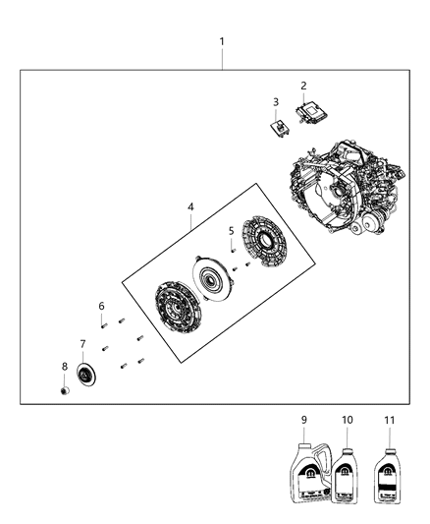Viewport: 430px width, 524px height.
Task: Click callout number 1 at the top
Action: [x=222, y=41]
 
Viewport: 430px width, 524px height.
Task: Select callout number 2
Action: [x=303, y=86]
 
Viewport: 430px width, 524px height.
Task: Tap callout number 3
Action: [x=276, y=102]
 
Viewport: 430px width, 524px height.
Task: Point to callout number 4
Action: [x=191, y=207]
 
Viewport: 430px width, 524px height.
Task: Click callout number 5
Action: [x=232, y=231]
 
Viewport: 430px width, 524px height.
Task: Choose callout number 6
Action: [x=101, y=306]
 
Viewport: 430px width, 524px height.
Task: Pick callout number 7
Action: [x=82, y=343]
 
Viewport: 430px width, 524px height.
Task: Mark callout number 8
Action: [x=65, y=366]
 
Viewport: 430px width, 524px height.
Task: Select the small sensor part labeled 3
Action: [x=281, y=125]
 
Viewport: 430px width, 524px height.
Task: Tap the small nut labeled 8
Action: [x=65, y=391]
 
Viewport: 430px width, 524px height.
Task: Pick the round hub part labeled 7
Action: [x=85, y=375]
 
